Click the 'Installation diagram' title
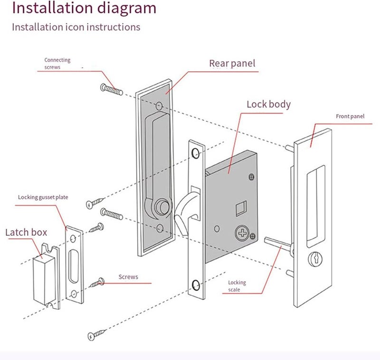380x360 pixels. (84, 8)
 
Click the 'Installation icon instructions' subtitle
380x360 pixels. (76, 27)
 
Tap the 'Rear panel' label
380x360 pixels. (232, 63)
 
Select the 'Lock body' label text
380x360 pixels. (268, 104)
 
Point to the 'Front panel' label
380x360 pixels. (350, 116)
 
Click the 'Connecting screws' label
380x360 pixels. (57, 64)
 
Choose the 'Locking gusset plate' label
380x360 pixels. (42, 197)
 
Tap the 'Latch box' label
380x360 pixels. (26, 233)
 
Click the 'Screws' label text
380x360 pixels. (128, 276)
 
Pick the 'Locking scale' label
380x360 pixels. (237, 285)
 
